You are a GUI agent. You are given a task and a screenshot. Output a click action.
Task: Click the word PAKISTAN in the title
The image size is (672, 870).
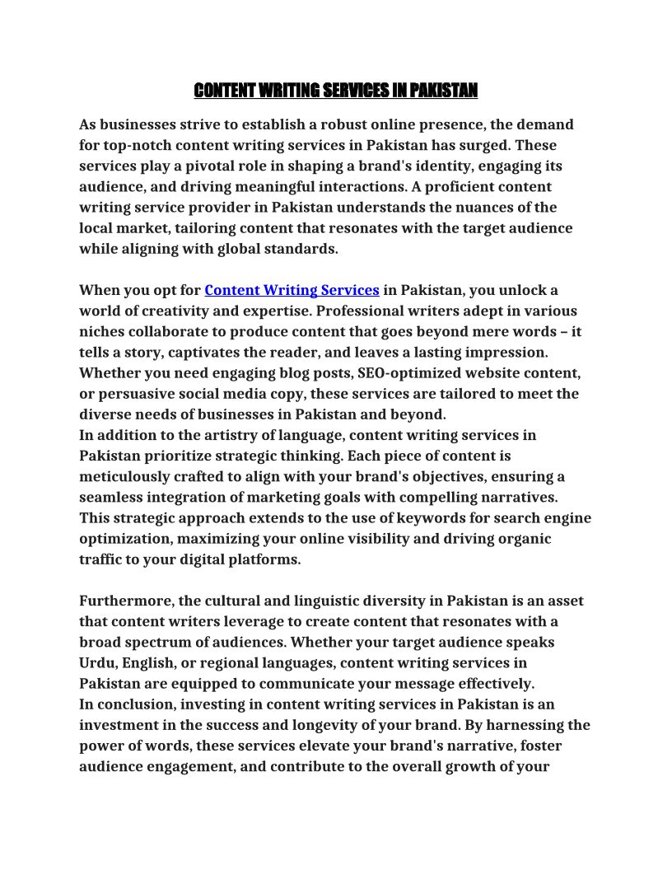pos(442,90)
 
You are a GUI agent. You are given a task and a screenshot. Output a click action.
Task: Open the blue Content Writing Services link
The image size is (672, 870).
pos(292,290)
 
